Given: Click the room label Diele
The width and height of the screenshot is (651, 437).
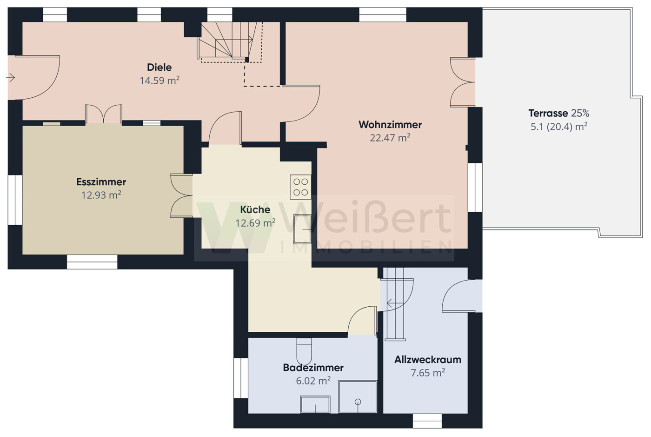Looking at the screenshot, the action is coord(159,67).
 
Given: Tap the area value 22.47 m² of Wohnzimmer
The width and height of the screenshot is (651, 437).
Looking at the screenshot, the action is coord(390,138).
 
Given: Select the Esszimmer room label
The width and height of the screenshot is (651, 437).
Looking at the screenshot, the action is coord(101,182).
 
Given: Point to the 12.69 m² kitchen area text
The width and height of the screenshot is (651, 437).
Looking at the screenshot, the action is coord(255,223).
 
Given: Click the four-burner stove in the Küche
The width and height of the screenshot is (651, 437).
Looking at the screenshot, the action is coord(300,187).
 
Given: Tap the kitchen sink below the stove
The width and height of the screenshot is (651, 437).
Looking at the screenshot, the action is coord(302,229).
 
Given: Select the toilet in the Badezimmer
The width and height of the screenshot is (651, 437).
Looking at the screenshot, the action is coord(304,351).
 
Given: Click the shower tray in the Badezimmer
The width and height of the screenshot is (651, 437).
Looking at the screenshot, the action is coord(358,397).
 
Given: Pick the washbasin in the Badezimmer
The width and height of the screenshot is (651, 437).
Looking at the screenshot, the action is coord(315,404).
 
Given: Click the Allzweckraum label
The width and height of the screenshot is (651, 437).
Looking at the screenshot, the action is coord(428,360).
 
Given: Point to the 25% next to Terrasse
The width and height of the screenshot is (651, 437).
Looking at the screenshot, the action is coord(580,113).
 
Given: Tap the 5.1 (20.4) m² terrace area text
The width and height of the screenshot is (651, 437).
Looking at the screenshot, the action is coord(559,127).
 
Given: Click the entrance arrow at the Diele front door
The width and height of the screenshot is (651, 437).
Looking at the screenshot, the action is coord(10,78).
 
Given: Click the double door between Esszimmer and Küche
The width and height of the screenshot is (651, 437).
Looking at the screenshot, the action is coord(182,195).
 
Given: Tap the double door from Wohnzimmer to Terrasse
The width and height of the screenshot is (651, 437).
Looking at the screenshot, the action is coord(463,82).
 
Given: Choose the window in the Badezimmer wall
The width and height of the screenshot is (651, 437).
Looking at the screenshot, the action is coord(241,378).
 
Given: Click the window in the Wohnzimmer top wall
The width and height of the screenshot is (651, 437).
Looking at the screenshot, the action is coord(382,14).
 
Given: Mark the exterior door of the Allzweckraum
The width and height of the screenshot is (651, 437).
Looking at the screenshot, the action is coord(462,296).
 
